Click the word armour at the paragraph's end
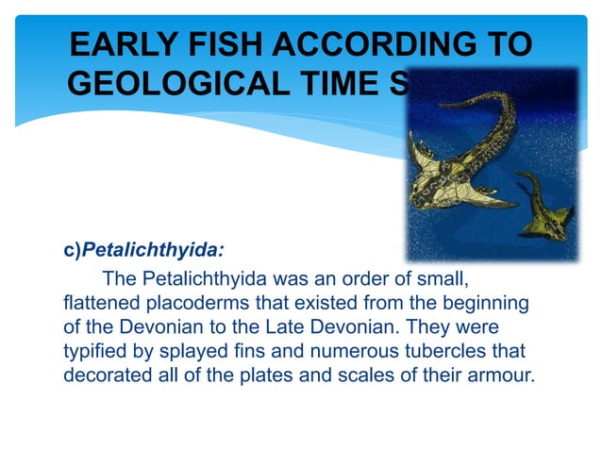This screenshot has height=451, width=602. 499,374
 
